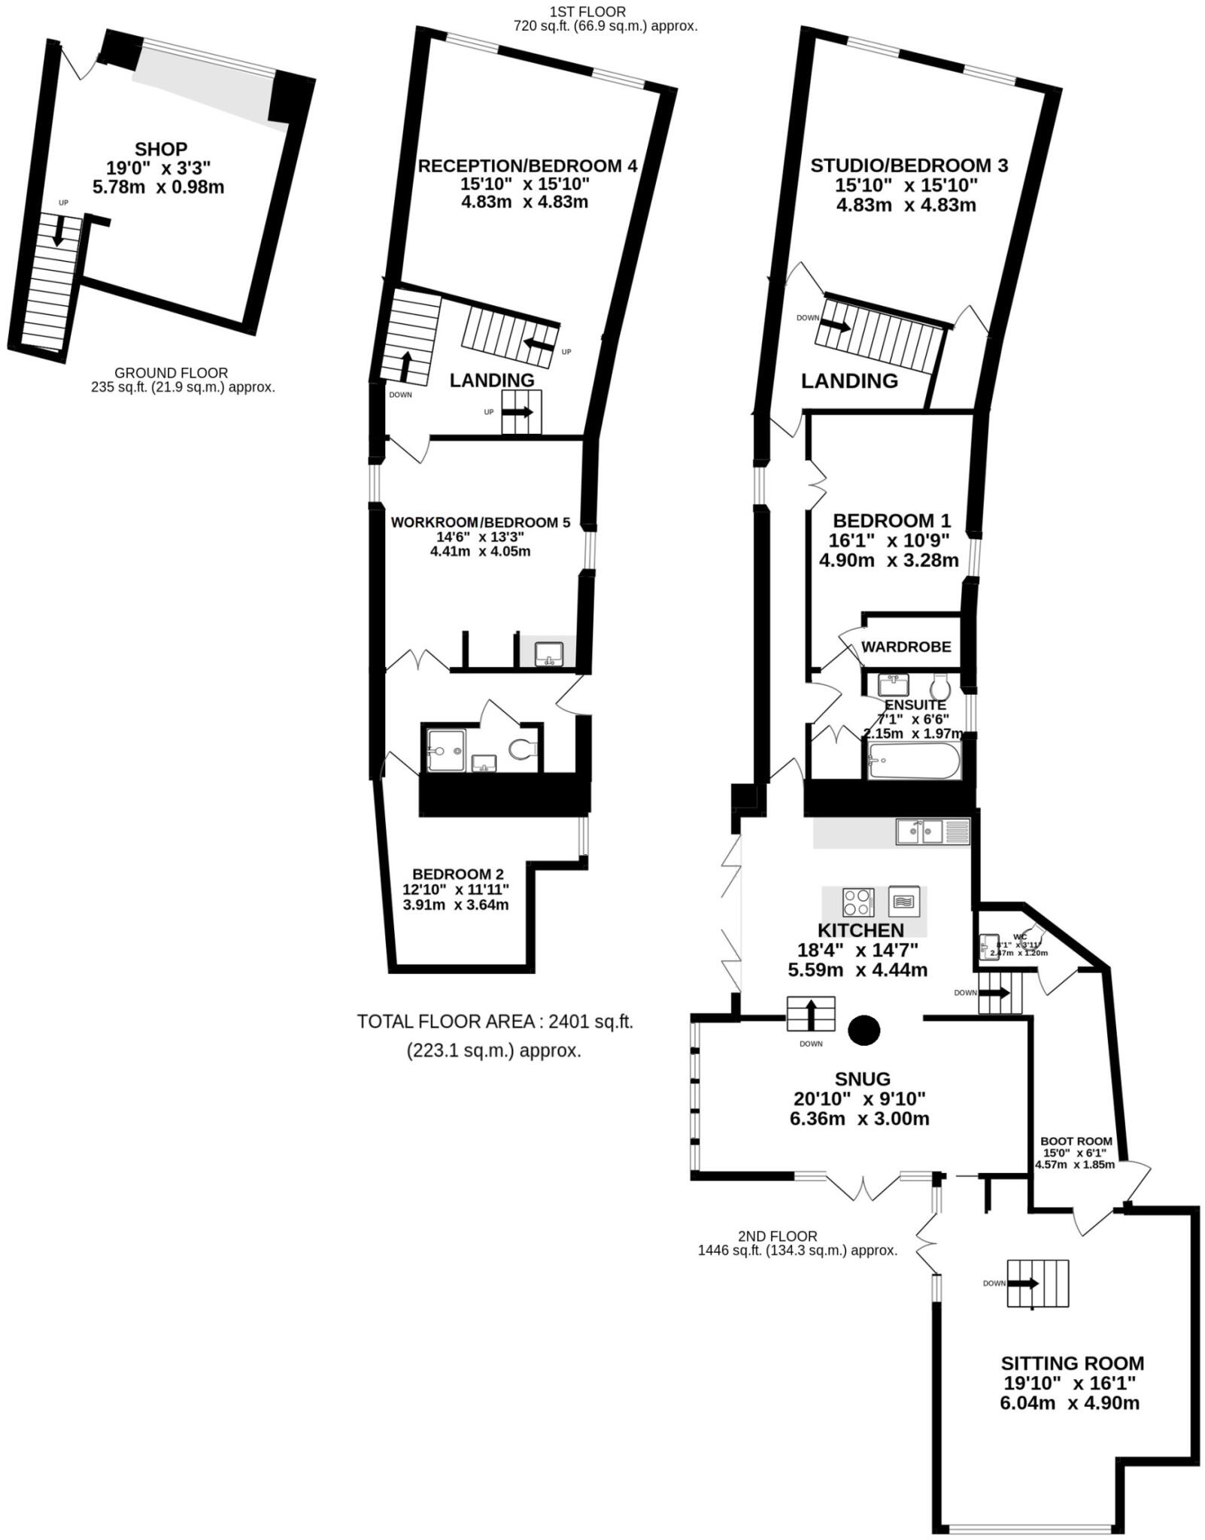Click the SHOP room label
tap(160, 149)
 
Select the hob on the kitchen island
tap(858, 901)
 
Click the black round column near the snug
tap(864, 1029)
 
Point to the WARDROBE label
tap(906, 647)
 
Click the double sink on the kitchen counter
tap(919, 832)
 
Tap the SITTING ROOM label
tap(1072, 1363)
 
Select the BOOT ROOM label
tap(1076, 1141)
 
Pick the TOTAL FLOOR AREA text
tap(494, 1022)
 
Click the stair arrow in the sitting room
tap(1024, 1284)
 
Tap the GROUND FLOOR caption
tap(171, 373)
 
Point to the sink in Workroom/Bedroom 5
tap(550, 654)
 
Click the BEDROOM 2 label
tap(457, 874)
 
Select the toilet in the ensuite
tap(940, 687)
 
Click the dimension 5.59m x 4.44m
tap(857, 970)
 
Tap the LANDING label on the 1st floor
tap(491, 380)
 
